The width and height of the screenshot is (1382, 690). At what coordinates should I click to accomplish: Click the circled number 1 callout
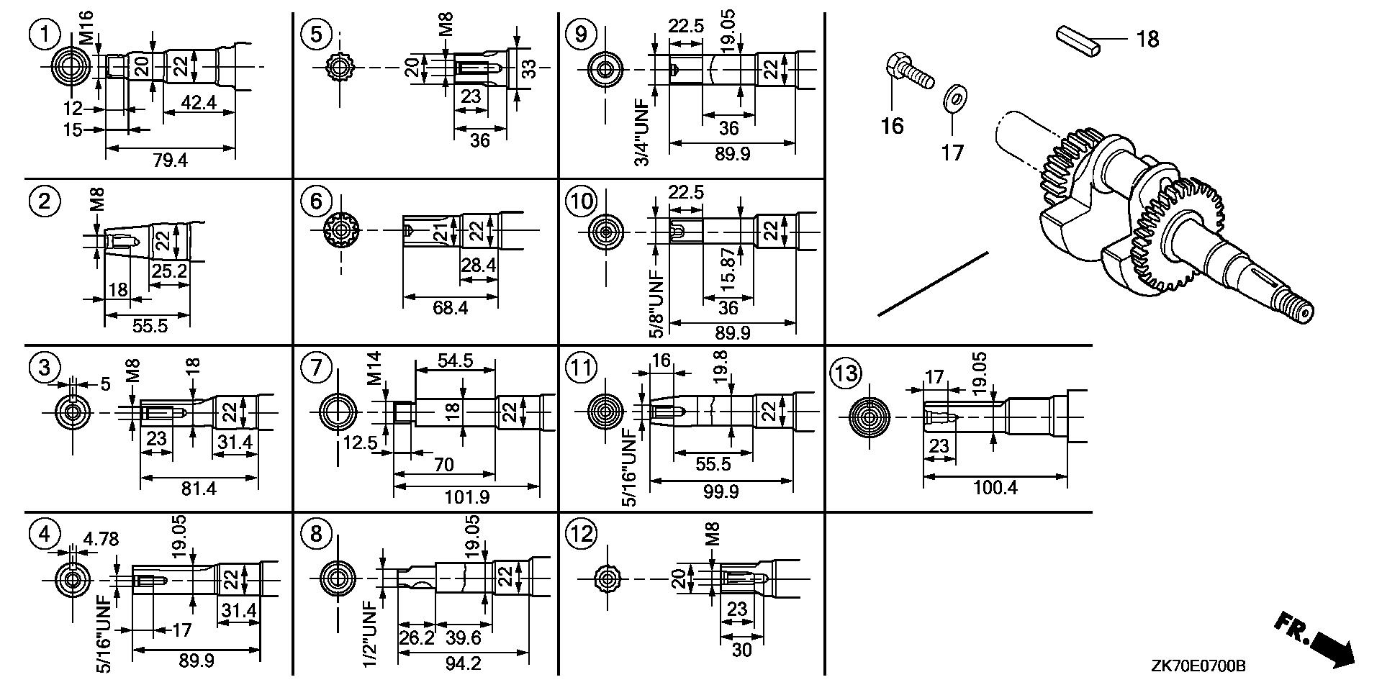[x=45, y=35]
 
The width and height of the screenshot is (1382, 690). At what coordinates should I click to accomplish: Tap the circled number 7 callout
[x=317, y=370]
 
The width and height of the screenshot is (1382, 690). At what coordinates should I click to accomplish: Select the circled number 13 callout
[x=845, y=373]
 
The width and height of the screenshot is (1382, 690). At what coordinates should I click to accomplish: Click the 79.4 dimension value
[x=170, y=160]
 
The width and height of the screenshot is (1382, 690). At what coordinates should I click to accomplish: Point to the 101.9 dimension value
[x=467, y=497]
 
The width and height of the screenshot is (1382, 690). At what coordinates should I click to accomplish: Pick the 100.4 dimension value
[x=995, y=488]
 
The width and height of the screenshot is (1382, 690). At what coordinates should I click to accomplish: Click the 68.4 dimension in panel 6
[x=450, y=308]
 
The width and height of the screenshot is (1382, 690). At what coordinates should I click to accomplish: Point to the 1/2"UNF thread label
[x=370, y=632]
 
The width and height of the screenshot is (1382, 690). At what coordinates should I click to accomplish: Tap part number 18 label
[x=1147, y=38]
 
